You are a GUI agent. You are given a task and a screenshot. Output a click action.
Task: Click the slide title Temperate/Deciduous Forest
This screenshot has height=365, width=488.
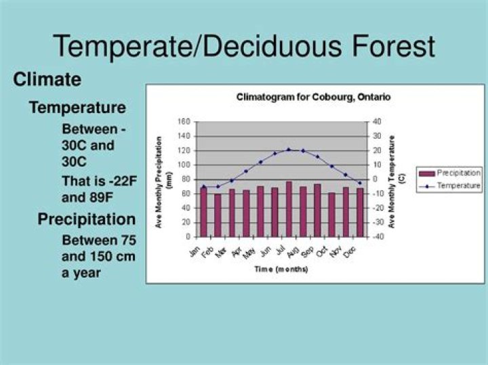244,46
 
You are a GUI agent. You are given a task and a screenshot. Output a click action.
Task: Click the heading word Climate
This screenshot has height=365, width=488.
47,80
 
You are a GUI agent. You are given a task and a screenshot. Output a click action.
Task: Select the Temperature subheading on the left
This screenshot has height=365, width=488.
77,108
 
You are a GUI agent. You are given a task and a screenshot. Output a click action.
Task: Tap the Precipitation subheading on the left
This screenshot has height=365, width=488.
86,219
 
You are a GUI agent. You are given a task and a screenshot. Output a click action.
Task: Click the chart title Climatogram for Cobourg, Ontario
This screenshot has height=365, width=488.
313,97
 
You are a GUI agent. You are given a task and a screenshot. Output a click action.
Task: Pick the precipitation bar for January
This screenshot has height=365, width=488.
203,212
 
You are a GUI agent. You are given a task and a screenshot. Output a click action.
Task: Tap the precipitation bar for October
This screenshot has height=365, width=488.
331,215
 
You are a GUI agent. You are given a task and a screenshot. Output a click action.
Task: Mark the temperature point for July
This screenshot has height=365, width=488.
289,150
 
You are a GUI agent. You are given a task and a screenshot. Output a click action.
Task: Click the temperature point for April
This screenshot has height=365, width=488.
246,171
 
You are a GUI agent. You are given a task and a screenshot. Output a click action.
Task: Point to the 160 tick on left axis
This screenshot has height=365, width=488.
184,122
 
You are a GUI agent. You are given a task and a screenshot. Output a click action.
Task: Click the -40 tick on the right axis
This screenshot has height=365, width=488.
376,237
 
